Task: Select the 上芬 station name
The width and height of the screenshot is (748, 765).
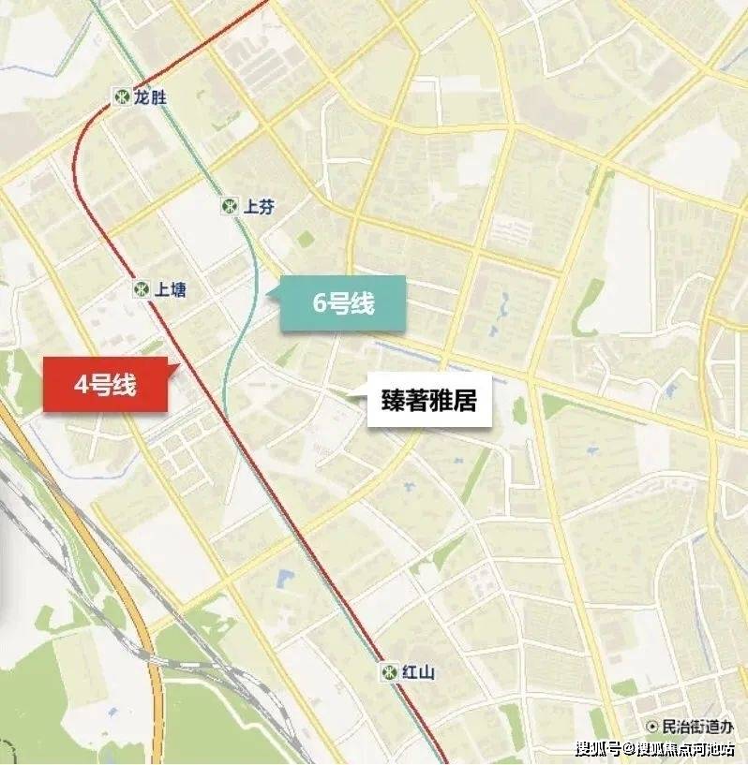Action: [x=259, y=206]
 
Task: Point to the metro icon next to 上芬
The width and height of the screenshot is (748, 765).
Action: [x=230, y=205]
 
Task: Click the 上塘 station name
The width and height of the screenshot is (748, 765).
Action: [x=171, y=289]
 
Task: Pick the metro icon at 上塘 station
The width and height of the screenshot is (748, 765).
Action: [x=141, y=289]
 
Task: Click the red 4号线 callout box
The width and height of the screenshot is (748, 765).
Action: [x=106, y=385]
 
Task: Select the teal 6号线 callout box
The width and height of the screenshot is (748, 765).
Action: [x=343, y=303]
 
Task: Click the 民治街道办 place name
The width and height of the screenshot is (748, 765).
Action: [x=699, y=726]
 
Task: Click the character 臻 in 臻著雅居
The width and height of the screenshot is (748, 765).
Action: [x=392, y=402]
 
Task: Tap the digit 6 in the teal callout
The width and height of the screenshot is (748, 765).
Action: [x=320, y=304]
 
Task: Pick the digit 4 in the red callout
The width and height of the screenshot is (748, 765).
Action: [x=82, y=385]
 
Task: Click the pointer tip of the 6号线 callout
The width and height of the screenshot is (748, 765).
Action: [x=268, y=296]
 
